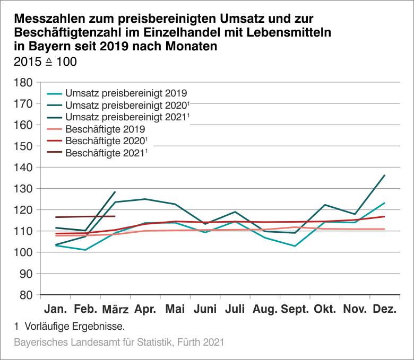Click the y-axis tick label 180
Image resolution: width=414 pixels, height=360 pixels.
pos(23,82)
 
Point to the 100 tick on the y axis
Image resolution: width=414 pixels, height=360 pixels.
pos(23,252)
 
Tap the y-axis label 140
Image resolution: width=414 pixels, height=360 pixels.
pos(23,168)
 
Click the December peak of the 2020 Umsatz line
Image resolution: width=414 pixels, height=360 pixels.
pos(384,175)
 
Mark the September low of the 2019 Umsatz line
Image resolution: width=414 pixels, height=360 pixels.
pos(295,246)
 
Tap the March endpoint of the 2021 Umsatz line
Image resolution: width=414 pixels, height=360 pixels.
pos(115,192)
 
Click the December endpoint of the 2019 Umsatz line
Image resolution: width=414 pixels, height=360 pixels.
pos(384,203)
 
